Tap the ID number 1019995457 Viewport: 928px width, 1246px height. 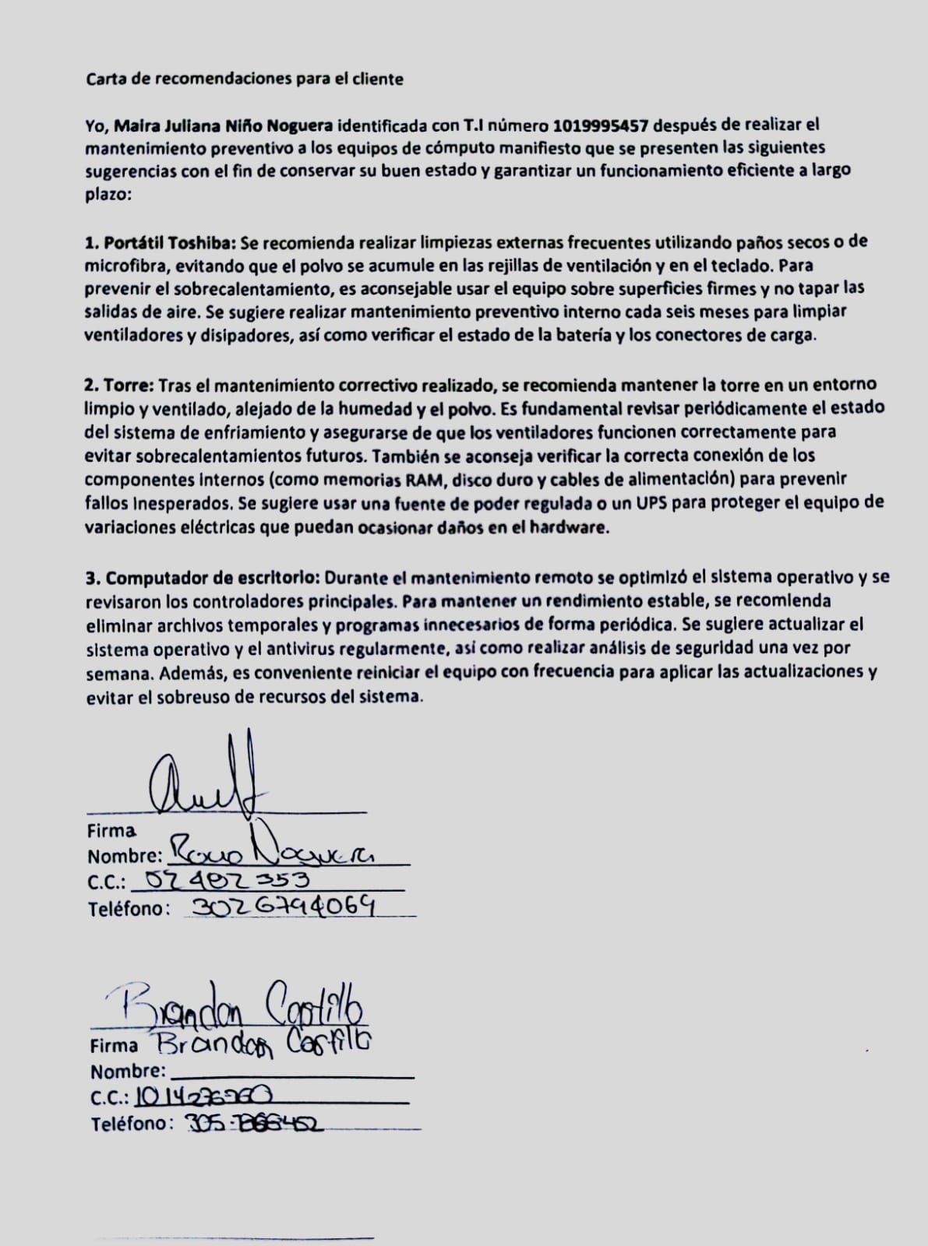click(602, 125)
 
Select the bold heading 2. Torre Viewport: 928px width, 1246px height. click(121, 385)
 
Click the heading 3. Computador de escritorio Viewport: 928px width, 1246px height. click(203, 579)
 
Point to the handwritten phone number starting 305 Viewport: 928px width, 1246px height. click(256, 1123)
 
